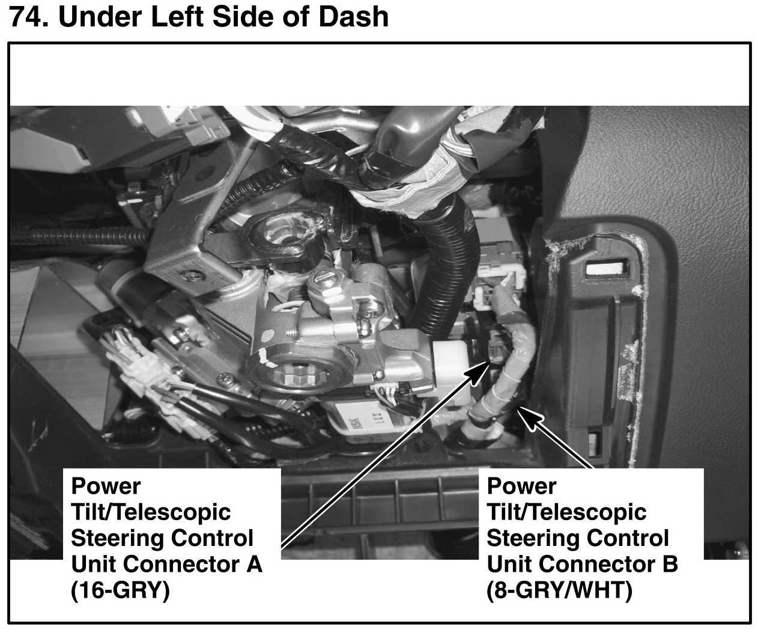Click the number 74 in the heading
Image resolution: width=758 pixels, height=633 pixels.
(x=26, y=17)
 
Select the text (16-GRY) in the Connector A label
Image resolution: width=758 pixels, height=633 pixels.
(x=120, y=591)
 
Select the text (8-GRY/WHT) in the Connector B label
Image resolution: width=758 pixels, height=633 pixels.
(x=559, y=591)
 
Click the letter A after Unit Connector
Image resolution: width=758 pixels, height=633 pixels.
(x=255, y=565)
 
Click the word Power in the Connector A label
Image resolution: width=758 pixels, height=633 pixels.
(x=106, y=485)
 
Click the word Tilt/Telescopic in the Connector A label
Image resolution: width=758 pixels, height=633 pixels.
(x=150, y=512)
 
